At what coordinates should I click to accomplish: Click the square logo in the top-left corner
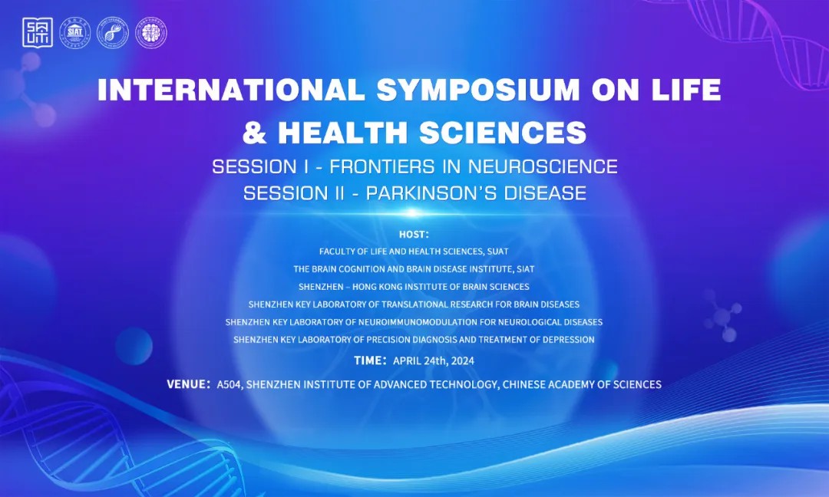38,33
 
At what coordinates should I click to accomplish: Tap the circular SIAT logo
74,33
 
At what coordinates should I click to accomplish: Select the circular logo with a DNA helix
113,33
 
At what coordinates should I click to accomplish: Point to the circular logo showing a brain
150,33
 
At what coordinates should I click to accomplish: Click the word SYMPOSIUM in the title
478,90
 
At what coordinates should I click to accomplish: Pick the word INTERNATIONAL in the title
232,90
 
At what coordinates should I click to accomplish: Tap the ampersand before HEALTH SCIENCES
254,132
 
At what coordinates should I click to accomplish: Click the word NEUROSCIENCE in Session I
543,167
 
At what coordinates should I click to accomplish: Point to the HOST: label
414,235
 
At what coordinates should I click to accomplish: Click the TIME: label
371,360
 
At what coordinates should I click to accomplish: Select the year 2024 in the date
463,361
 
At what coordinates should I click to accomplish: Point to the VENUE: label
189,384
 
